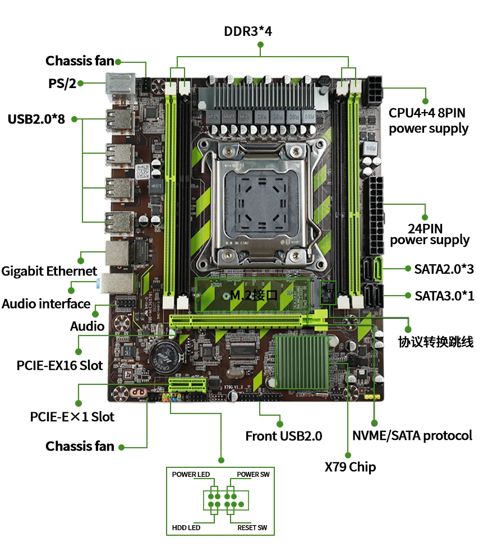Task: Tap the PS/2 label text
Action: [62, 84]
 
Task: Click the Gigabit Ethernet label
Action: [49, 271]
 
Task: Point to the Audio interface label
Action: [46, 304]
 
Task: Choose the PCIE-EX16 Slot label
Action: [60, 365]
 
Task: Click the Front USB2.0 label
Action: [284, 436]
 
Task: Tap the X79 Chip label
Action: [350, 467]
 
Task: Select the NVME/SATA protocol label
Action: [412, 435]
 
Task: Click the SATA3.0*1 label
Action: [444, 295]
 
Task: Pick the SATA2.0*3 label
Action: [444, 269]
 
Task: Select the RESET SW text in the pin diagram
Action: [252, 527]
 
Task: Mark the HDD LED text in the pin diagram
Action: [186, 527]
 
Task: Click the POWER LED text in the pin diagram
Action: [191, 474]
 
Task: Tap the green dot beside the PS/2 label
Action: [81, 84]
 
